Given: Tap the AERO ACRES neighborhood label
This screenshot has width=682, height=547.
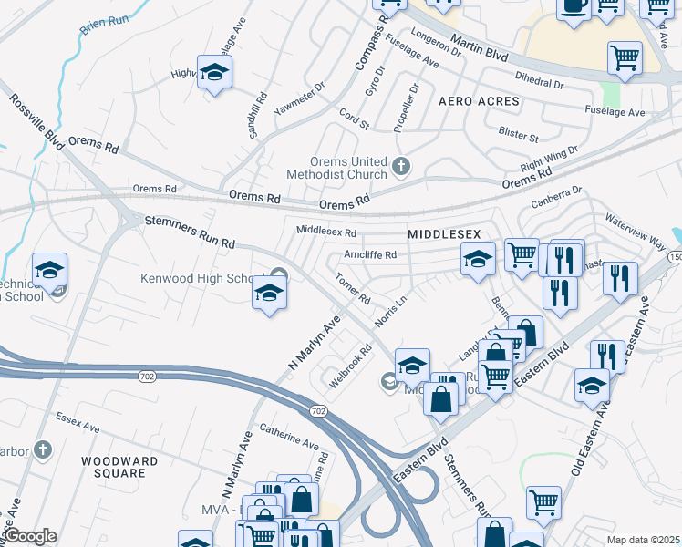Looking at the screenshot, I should click(479, 101).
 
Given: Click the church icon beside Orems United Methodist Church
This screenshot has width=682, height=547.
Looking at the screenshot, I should click(403, 167).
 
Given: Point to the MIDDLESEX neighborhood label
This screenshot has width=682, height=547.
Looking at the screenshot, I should click(443, 234).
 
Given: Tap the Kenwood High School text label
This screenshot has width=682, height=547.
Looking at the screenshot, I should click(201, 278).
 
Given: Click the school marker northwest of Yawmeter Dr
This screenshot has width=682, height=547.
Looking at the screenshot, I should click(214, 74).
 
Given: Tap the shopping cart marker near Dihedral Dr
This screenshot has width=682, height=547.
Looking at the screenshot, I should click(625, 58).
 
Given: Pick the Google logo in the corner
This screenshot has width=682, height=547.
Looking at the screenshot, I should click(29, 536).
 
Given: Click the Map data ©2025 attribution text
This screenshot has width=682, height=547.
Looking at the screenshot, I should click(642, 540).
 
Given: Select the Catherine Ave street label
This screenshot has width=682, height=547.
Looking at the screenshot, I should click(289, 435).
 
